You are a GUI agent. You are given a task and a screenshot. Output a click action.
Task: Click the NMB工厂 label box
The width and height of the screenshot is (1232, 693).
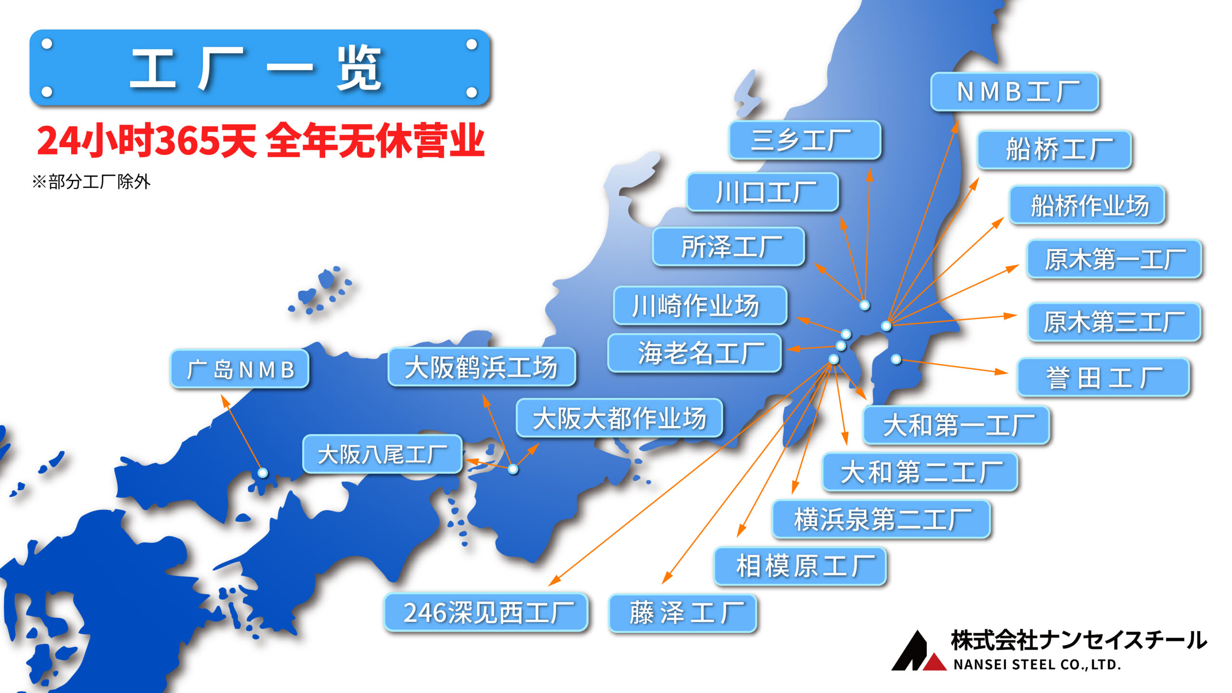pyautogui.click(x=1014, y=91)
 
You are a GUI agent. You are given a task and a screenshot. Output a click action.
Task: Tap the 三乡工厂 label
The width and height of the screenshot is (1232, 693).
pyautogui.click(x=805, y=140)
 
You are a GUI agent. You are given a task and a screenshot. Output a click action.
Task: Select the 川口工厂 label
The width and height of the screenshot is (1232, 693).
pyautogui.click(x=763, y=192)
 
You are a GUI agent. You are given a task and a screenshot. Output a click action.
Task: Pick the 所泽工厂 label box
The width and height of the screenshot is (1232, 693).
pyautogui.click(x=729, y=246)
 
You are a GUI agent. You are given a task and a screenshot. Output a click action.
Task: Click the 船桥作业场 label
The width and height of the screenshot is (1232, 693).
pyautogui.click(x=1087, y=205)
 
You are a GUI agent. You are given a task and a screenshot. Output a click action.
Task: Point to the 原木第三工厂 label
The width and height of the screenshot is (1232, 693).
pyautogui.click(x=1115, y=322)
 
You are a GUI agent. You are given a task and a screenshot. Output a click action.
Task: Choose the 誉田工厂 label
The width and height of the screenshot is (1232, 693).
pyautogui.click(x=1104, y=377)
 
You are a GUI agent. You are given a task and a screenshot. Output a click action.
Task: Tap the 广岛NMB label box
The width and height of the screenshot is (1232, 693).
pyautogui.click(x=240, y=369)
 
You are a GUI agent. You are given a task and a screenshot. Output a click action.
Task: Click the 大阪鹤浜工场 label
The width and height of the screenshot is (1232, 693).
pyautogui.click(x=482, y=367)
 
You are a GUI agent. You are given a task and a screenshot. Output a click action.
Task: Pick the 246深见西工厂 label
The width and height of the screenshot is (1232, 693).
pyautogui.click(x=486, y=612)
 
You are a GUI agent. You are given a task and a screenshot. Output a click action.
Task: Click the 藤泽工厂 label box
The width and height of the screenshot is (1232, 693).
pyautogui.click(x=682, y=613)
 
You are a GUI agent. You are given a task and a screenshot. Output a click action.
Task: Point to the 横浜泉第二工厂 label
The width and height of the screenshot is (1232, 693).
pyautogui.click(x=881, y=519)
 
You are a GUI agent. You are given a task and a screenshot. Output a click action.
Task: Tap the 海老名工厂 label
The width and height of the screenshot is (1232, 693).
pyautogui.click(x=694, y=353)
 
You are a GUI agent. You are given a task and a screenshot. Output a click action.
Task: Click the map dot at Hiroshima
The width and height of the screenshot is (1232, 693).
pyautogui.click(x=263, y=473)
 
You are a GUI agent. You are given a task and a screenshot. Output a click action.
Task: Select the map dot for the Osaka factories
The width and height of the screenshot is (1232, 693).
pyautogui.click(x=513, y=469)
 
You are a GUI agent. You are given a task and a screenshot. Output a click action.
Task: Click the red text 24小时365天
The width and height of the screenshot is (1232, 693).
pyautogui.click(x=147, y=141)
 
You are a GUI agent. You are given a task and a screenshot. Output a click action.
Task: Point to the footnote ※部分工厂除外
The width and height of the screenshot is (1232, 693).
pyautogui.click(x=91, y=182)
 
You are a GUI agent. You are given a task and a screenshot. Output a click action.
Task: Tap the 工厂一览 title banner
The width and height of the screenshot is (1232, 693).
pyautogui.click(x=260, y=67)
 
